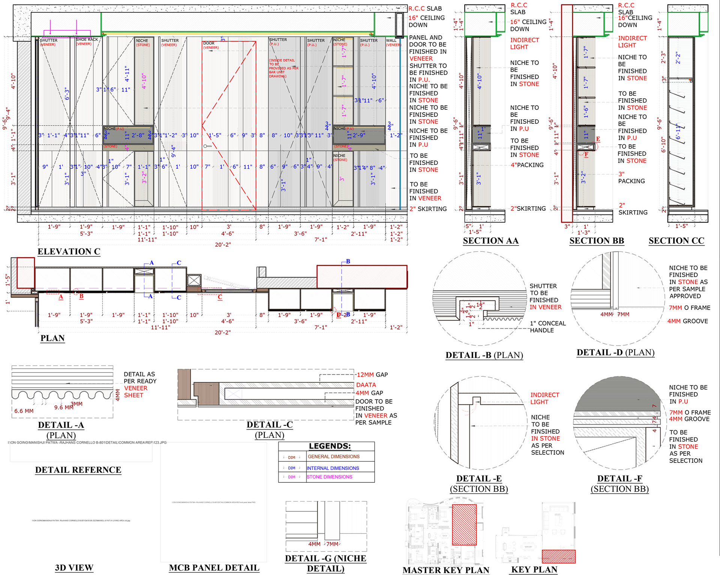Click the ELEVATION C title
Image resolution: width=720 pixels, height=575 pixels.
click(x=69, y=252)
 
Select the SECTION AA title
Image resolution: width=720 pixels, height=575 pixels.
click(x=490, y=241)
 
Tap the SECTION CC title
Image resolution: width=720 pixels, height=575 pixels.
click(x=676, y=241)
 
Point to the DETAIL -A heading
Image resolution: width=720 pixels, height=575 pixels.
click(x=61, y=425)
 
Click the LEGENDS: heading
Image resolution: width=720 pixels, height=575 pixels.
click(x=330, y=446)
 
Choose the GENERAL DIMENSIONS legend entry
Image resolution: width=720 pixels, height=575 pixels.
click(x=333, y=457)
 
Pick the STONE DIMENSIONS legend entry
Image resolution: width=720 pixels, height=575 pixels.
click(x=329, y=477)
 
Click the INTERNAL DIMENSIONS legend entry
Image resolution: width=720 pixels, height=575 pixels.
click(x=333, y=468)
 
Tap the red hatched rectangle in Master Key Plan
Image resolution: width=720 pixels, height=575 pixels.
click(x=464, y=524)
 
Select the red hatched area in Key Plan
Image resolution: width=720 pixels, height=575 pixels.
click(x=558, y=556)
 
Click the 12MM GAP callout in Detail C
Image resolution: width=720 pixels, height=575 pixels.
click(x=372, y=374)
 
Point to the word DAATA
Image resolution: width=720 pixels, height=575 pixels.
click(x=366, y=385)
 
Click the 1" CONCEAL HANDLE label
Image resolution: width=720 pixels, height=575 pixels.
click(x=547, y=326)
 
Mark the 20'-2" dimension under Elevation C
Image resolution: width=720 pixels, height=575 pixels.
click(x=223, y=245)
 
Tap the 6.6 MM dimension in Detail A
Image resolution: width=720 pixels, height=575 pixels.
click(x=24, y=411)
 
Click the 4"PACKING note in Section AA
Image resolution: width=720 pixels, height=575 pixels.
click(x=527, y=165)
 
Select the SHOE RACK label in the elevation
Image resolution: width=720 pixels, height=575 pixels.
click(x=87, y=39)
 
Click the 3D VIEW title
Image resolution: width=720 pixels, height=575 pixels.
click(x=74, y=568)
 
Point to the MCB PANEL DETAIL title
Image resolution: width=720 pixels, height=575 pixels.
click(x=214, y=568)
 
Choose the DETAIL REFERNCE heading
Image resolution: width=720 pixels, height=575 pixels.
click(x=78, y=470)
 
